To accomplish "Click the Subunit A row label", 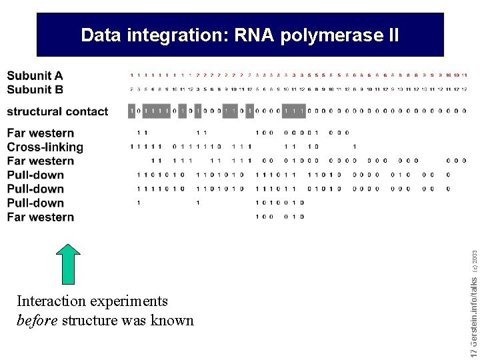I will (x=35, y=76).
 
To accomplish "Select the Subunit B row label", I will (x=35, y=89).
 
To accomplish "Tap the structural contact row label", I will (x=57, y=111).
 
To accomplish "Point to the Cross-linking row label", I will (x=45, y=147).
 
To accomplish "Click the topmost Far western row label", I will (x=41, y=133).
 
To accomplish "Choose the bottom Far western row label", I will (x=41, y=217).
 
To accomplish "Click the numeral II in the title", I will (x=392, y=35).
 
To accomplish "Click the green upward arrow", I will (x=67, y=264).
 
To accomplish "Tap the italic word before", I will (x=37, y=320).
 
